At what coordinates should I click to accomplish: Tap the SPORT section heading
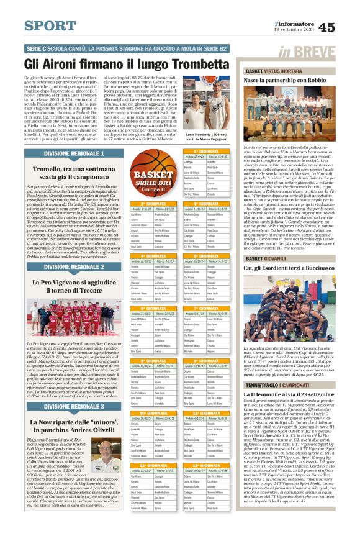(50, 26)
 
